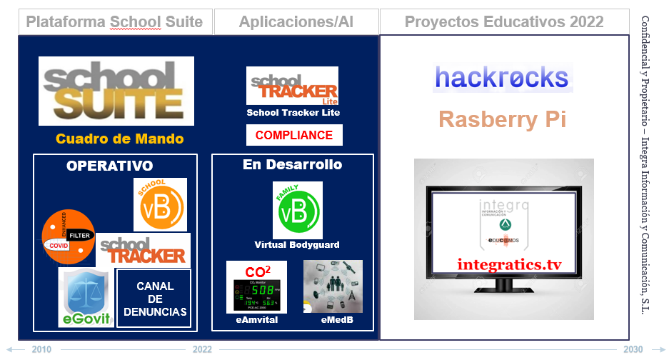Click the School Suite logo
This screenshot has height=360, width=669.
[116, 91]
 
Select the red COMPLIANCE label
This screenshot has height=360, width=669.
[294, 135]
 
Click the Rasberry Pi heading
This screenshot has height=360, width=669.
[502, 119]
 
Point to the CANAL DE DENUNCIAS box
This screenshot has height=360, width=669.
[154, 299]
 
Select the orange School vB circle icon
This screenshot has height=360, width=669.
[161, 205]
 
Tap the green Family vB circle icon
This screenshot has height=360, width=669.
[298, 210]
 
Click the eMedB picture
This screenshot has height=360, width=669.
[333, 286]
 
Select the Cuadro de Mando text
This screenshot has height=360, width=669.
[120, 139]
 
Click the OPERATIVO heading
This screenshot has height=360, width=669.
[109, 166]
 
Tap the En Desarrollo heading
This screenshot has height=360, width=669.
[292, 165]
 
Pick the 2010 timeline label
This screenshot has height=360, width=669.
[41, 349]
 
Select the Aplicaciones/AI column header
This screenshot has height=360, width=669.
[296, 22]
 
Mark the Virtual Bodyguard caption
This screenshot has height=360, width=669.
[297, 245]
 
